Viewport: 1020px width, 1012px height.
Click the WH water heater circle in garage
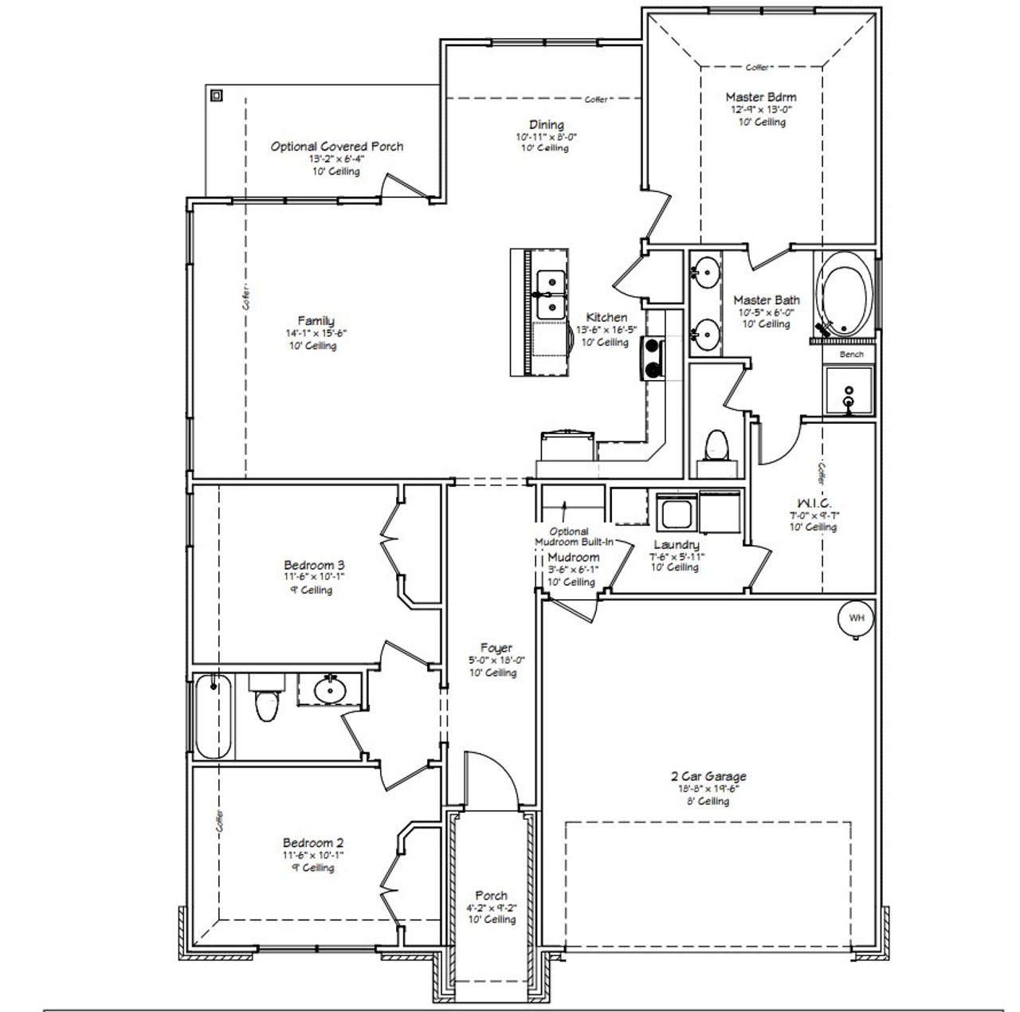click(855, 618)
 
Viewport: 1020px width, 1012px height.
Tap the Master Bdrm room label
click(760, 97)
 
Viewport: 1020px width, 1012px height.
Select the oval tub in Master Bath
click(845, 295)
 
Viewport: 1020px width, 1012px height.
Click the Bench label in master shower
click(851, 354)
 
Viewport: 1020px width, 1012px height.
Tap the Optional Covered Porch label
click(336, 147)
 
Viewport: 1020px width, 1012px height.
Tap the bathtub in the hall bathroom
click(213, 716)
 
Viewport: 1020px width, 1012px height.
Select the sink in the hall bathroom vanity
click(329, 689)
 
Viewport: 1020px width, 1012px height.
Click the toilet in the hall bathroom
click(265, 701)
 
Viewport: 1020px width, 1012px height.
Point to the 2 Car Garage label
click(708, 776)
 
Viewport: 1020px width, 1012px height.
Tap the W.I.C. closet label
click(814, 504)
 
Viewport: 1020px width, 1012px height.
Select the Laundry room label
click(677, 545)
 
